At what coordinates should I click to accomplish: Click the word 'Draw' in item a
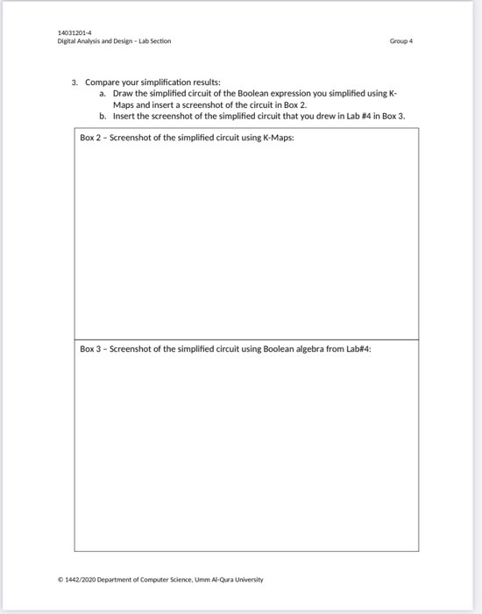click(x=124, y=92)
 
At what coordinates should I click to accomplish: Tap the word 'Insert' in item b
click(x=124, y=115)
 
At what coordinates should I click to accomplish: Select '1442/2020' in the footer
click(x=99, y=580)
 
